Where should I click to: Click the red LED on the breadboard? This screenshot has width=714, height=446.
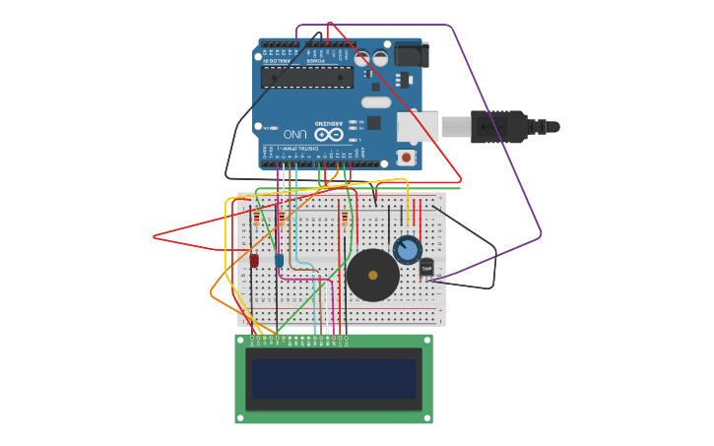click(254, 261)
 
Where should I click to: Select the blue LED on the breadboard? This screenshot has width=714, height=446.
click(279, 261)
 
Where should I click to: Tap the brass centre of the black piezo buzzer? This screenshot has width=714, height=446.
click(373, 276)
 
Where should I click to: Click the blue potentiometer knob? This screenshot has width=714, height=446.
click(407, 249)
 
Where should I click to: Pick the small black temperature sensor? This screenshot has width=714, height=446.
click(426, 267)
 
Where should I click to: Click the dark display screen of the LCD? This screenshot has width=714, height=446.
click(333, 379)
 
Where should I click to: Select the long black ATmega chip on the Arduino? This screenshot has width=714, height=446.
click(306, 77)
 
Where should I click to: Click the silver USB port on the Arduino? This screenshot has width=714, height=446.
click(418, 127)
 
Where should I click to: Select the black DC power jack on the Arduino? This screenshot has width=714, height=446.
click(412, 54)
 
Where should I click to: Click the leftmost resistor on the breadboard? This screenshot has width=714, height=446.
click(257, 218)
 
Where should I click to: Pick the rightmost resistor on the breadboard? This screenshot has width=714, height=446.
click(344, 218)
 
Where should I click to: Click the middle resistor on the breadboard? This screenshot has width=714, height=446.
click(282, 218)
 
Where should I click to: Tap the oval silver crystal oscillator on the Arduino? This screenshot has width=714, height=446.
click(376, 102)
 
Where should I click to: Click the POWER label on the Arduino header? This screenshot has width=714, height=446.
click(315, 61)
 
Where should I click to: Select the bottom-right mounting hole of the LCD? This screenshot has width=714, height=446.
click(425, 417)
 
